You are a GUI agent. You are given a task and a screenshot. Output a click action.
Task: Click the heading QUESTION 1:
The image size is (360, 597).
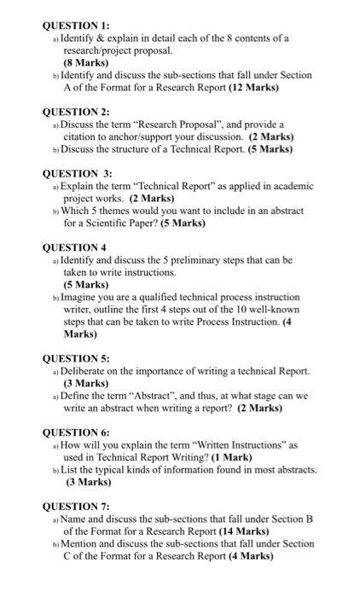click(x=76, y=25)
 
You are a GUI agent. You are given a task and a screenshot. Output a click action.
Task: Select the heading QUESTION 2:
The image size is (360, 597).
click(x=76, y=112)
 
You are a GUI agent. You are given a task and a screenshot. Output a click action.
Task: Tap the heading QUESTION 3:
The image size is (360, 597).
click(x=77, y=173)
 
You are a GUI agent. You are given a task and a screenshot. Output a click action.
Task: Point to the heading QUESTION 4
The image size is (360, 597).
click(x=75, y=247)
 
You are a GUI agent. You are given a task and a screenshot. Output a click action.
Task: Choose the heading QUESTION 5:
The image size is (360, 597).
click(x=76, y=358)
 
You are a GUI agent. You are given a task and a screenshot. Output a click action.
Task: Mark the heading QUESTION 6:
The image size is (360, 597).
click(x=76, y=432)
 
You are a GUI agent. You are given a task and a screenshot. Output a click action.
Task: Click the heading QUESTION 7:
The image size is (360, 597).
click(x=76, y=507)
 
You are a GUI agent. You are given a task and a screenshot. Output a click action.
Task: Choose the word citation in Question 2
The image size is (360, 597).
click(x=83, y=136)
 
